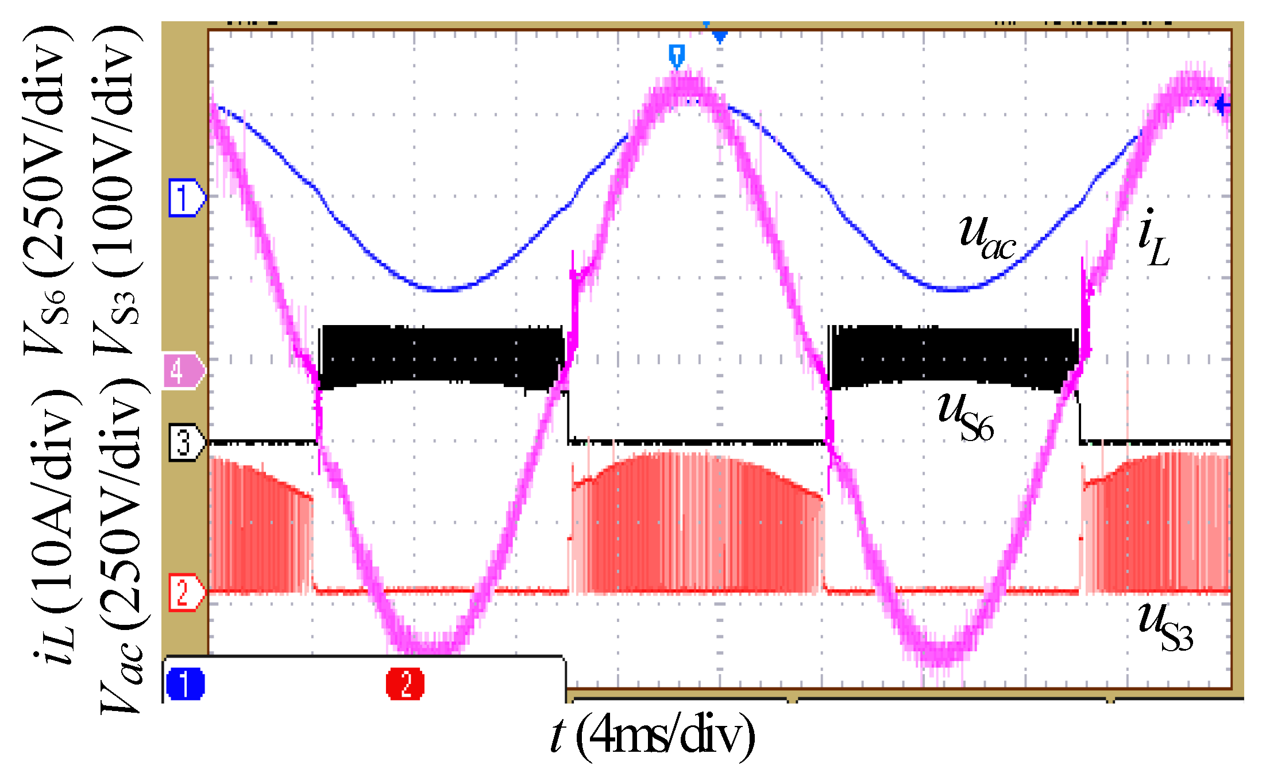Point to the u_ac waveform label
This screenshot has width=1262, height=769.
(x=987, y=236)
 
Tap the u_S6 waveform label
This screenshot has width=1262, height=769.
(x=966, y=416)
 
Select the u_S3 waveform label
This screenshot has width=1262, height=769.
(x=1166, y=626)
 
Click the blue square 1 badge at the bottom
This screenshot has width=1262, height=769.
(x=185, y=683)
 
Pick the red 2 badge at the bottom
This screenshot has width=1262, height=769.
(x=406, y=683)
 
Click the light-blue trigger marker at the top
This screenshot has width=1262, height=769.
(x=677, y=56)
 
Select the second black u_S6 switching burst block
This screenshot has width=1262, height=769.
(x=954, y=358)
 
